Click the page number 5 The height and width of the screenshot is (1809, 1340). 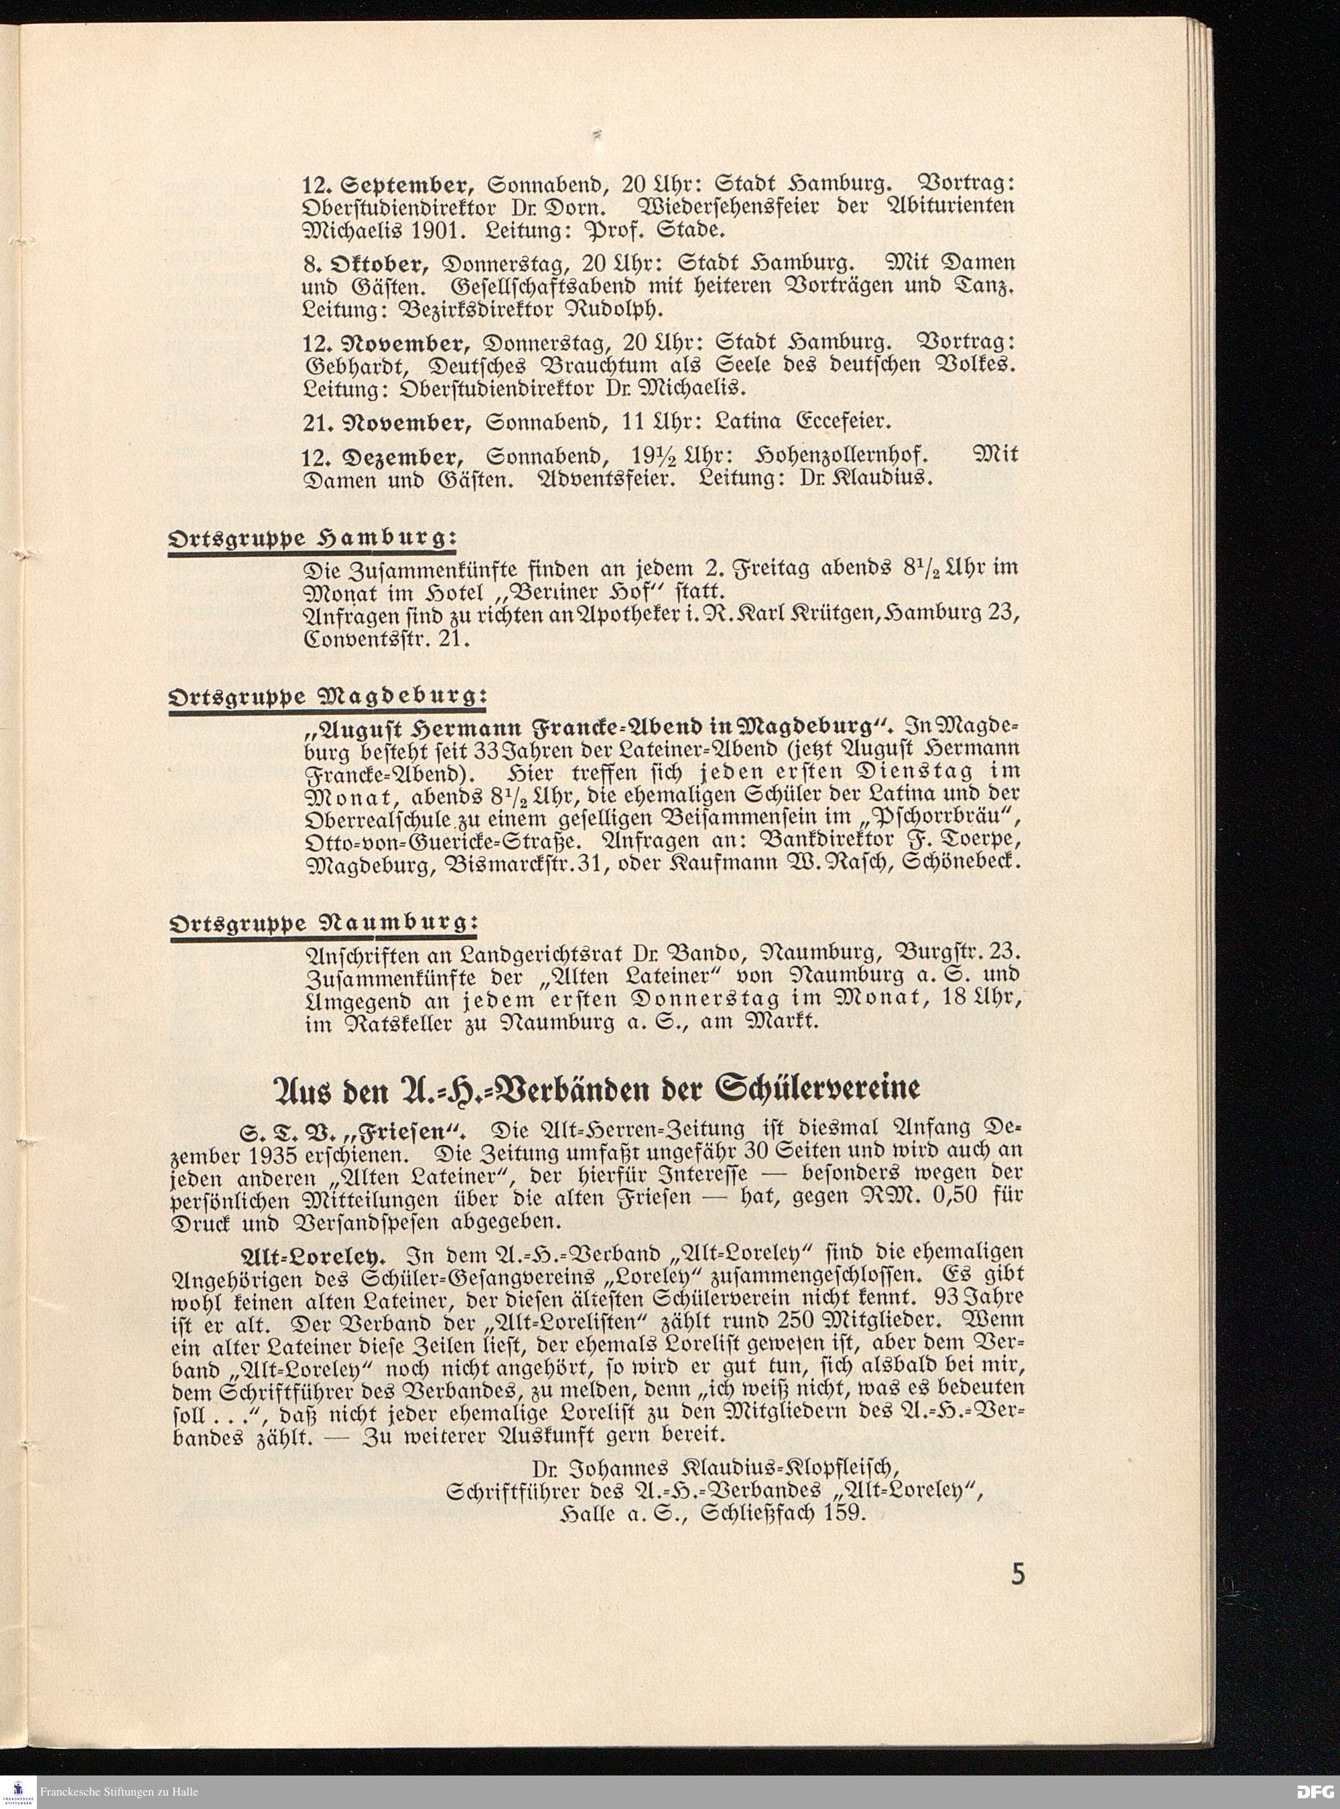pyautogui.click(x=1017, y=1598)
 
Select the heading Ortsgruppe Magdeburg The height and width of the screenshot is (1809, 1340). pyautogui.click(x=327, y=697)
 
